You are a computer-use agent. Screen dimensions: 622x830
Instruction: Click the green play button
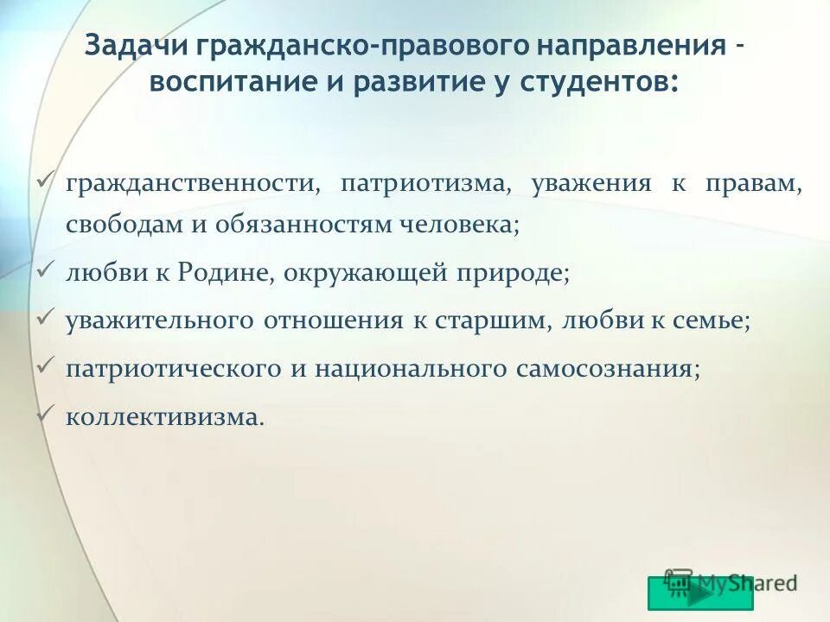(x=700, y=593)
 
